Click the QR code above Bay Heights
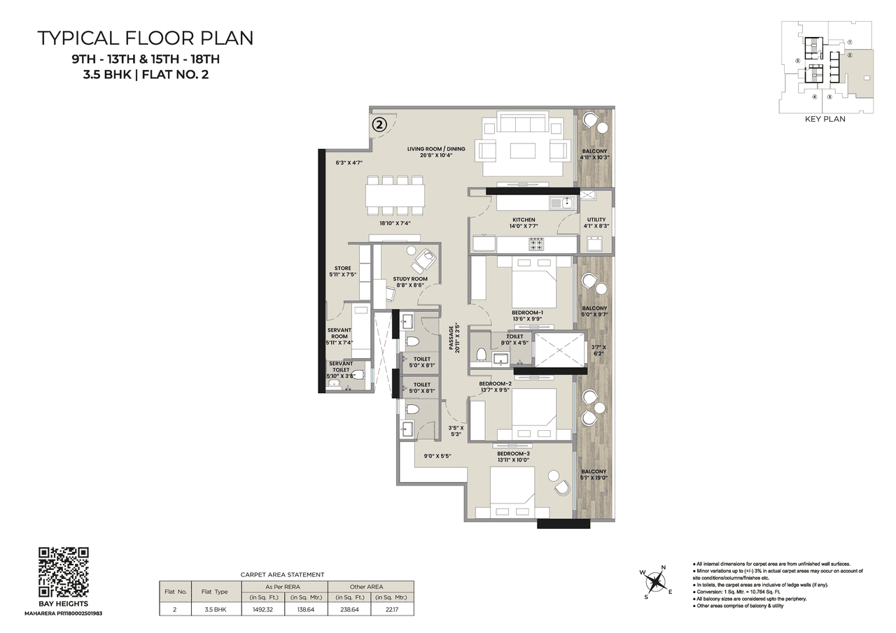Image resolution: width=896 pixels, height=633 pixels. click(x=63, y=572)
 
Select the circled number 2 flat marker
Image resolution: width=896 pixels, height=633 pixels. click(x=379, y=125)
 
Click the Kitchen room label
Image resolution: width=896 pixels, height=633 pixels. click(x=523, y=220)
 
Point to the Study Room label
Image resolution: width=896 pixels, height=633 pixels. click(x=409, y=279)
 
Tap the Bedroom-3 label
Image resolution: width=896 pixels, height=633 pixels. click(x=514, y=454)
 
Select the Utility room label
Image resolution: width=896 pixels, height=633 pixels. click(x=596, y=220)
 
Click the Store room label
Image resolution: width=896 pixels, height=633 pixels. click(x=342, y=269)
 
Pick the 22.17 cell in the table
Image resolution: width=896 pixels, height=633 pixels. click(x=392, y=610)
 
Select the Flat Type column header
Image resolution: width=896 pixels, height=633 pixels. click(x=214, y=592)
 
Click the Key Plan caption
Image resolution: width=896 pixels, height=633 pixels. click(x=826, y=119)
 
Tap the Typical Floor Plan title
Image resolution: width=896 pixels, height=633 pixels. click(x=146, y=38)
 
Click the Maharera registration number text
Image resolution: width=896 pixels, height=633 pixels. click(x=63, y=613)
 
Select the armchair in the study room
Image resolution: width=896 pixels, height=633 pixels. click(x=423, y=261)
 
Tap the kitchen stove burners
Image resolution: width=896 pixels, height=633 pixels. click(x=536, y=244)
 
